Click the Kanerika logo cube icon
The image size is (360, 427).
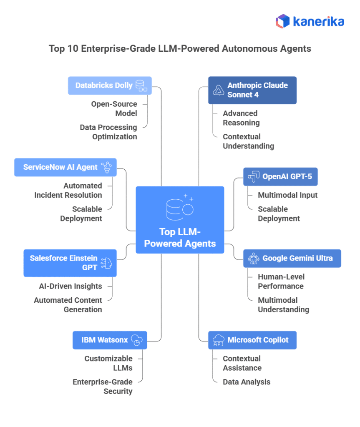[282, 21]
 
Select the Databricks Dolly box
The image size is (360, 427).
[110, 85]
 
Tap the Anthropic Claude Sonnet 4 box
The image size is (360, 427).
[252, 90]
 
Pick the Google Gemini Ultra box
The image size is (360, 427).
[292, 258]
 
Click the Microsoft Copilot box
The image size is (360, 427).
[252, 340]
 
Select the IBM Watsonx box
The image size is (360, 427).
[110, 340]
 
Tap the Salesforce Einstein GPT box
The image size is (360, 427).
[70, 263]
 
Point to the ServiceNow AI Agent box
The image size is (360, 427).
[65, 167]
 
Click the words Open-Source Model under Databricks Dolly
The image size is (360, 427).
[114, 108]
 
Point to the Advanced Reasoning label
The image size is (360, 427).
[241, 118]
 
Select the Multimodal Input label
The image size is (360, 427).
[287, 195]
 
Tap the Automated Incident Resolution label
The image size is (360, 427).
[68, 190]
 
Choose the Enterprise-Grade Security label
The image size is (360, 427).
[103, 387]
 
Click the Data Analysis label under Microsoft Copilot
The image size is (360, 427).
[246, 382]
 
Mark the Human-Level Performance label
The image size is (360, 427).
[281, 281]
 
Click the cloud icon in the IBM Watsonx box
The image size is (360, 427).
[136, 340]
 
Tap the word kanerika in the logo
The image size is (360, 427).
[319, 21]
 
